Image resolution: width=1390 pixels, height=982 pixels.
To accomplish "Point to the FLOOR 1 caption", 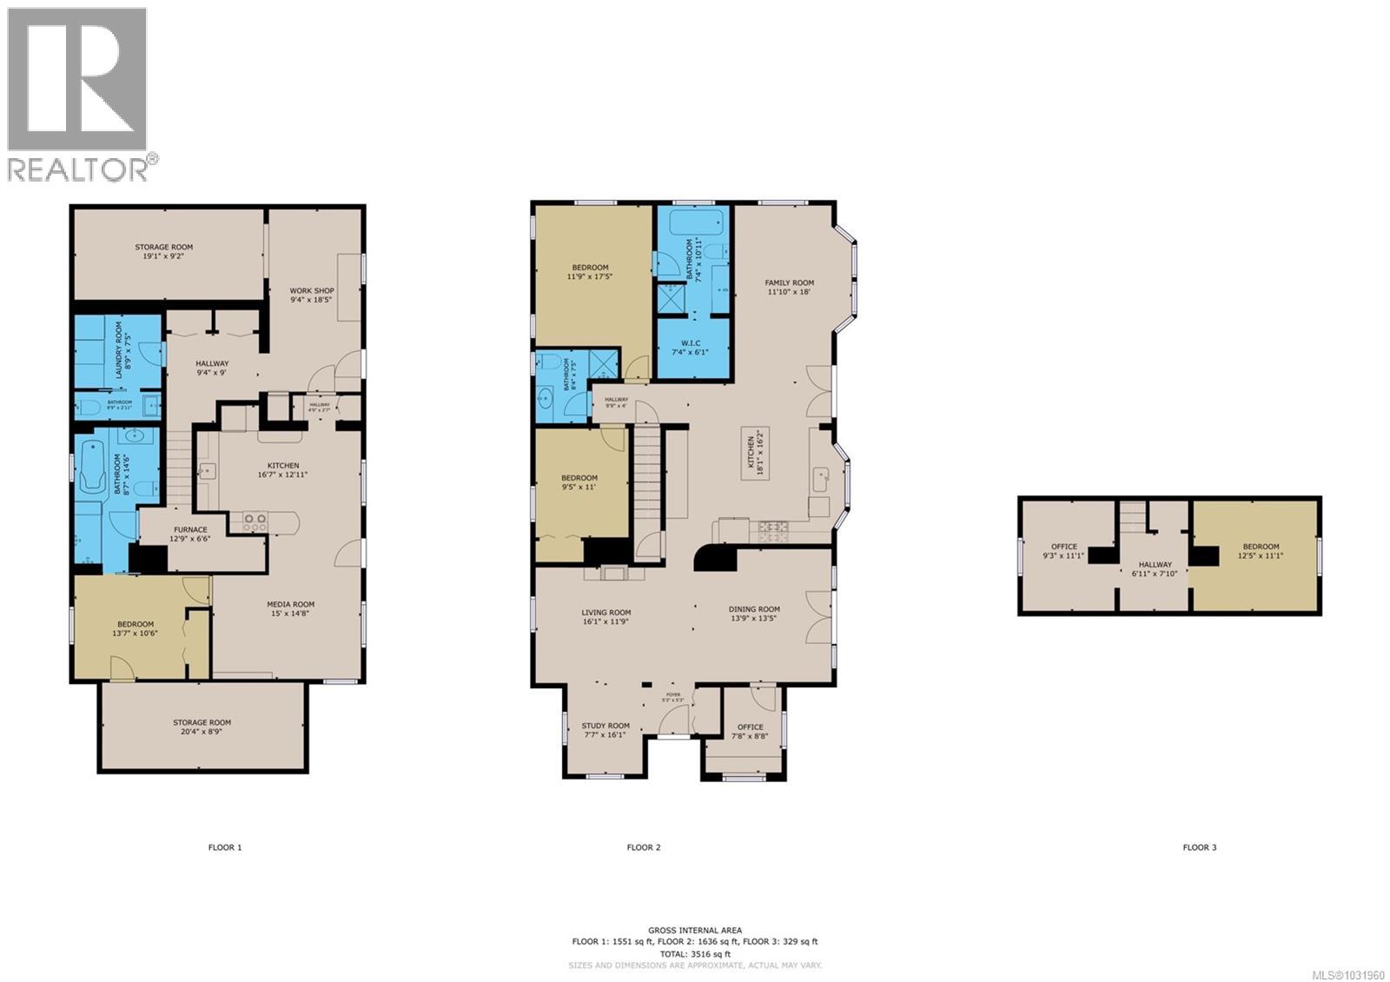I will (x=225, y=847).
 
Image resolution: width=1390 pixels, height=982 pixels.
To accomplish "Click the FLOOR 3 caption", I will (x=1199, y=847).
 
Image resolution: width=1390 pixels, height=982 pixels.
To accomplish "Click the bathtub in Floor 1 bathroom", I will (x=90, y=468).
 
